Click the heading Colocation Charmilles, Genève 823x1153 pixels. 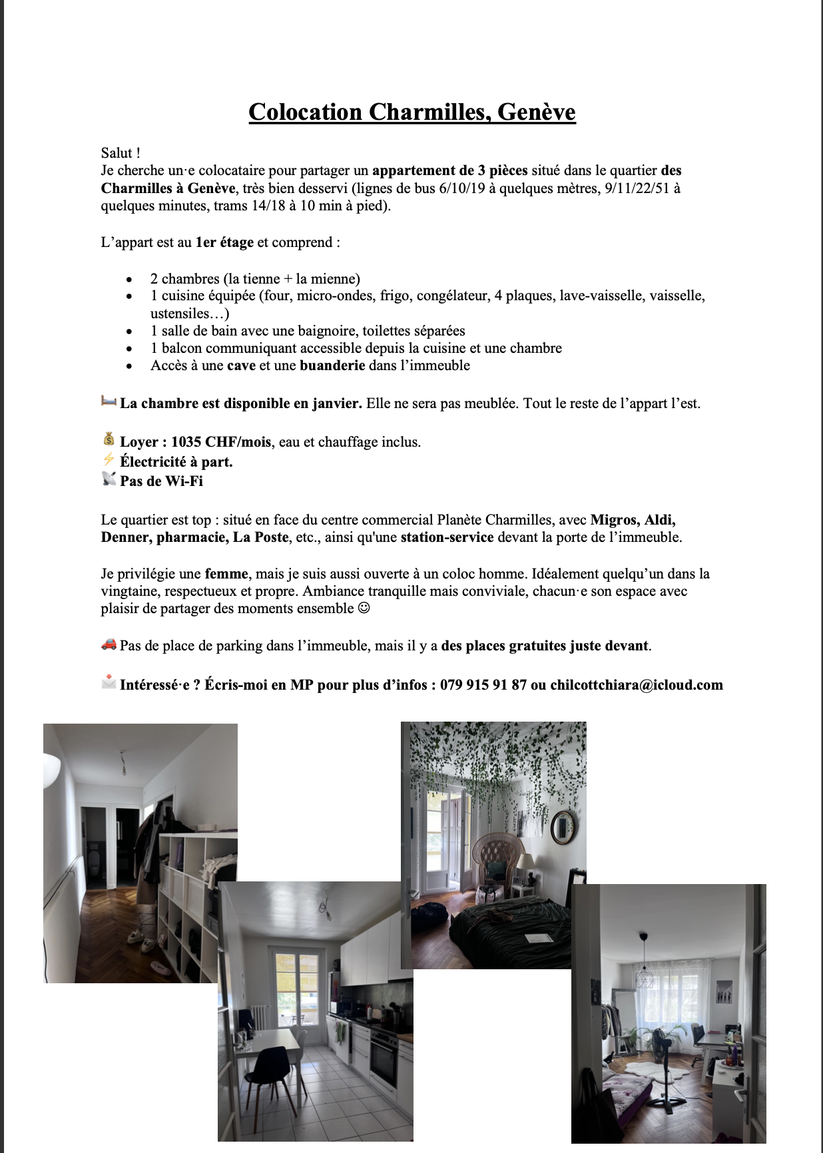click(411, 112)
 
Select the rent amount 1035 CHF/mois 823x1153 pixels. click(221, 442)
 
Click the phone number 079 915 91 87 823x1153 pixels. click(483, 685)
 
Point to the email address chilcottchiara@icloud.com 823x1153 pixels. click(636, 685)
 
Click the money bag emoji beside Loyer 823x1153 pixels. click(109, 440)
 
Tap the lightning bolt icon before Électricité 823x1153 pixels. click(109, 460)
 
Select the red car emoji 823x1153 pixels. click(109, 644)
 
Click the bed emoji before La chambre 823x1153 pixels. click(109, 401)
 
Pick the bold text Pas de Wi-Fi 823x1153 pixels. click(161, 481)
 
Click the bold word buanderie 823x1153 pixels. click(332, 365)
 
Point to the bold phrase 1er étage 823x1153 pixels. click(224, 242)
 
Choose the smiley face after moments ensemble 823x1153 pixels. click(364, 608)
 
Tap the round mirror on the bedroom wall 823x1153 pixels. click(563, 826)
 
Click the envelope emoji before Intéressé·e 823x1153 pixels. click(109, 683)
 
